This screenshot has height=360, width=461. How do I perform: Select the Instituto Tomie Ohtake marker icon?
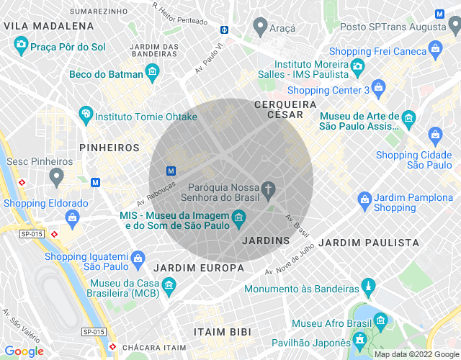tap(86, 114)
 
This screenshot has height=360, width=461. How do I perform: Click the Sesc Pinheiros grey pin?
tap(57, 175)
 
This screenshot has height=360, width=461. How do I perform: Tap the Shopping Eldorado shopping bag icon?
tap(71, 216)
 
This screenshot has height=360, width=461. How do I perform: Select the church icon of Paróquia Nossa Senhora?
tap(269, 189)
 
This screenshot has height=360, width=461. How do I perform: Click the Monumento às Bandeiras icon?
tap(369, 288)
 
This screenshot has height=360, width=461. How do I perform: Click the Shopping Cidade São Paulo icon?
tap(435, 134)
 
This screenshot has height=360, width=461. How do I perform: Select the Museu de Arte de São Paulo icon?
tap(408, 117)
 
